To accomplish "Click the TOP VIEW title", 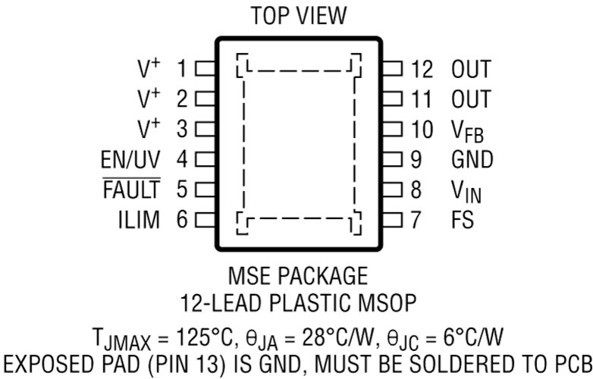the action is click(x=298, y=16).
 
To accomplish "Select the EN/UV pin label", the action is click(x=130, y=159).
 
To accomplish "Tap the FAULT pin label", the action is click(x=132, y=189).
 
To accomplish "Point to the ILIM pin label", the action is click(x=139, y=220).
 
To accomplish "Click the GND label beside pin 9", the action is click(x=472, y=159).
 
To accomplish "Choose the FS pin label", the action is click(x=462, y=220).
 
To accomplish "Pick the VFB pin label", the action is click(x=467, y=131).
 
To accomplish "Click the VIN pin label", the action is click(x=466, y=191).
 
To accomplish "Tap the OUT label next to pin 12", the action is click(x=471, y=69).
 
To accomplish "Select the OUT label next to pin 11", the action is click(x=471, y=99).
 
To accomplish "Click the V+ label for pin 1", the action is click(x=149, y=68).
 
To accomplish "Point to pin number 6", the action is click(x=182, y=220).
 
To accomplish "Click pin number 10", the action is click(x=422, y=130).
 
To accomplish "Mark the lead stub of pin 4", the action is click(x=206, y=159).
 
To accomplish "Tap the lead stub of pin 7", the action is click(x=392, y=220).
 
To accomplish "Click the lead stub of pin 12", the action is click(x=392, y=69).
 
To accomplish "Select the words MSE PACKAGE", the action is click(x=298, y=276).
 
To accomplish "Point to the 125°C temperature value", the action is click(x=204, y=337).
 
